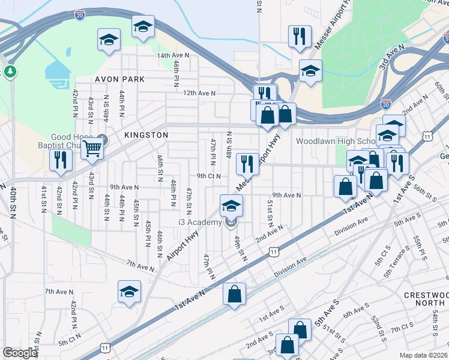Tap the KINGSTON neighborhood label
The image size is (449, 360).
pos(146,136)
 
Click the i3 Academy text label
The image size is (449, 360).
pos(200,223)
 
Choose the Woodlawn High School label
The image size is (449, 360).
pos(336,141)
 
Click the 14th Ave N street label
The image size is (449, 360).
pos(173,55)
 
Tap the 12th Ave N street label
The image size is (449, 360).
pos(199,93)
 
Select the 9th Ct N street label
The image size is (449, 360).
pos(208,176)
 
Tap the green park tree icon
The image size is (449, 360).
pos(10,72)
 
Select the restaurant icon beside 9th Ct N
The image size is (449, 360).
pos(247,163)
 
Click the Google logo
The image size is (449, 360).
pos(20,353)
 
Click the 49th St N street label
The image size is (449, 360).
pos(240,248)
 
